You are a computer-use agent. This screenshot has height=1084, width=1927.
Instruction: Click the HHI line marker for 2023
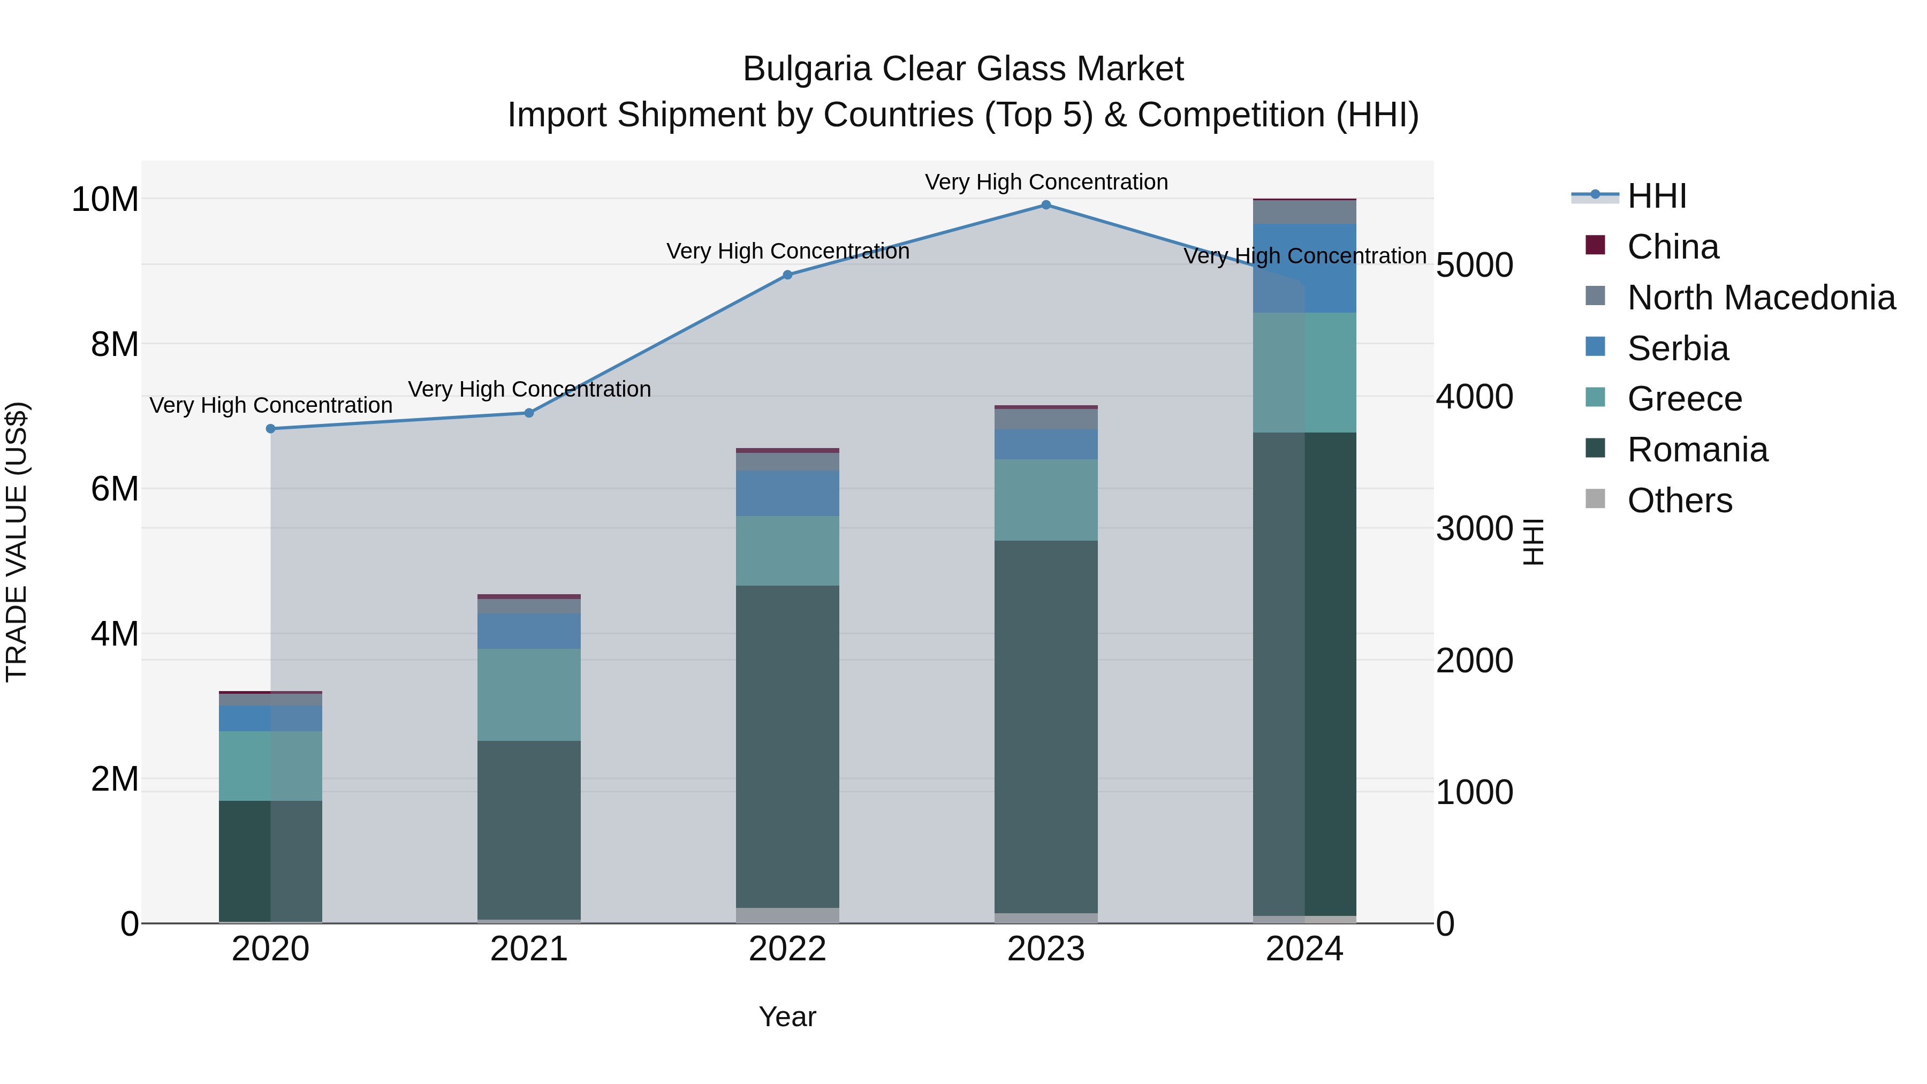tap(1046, 205)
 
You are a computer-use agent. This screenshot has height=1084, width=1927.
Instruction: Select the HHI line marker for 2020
tap(271, 429)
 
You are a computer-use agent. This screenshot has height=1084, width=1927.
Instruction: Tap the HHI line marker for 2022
tap(787, 275)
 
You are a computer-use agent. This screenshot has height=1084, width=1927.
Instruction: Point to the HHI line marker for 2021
tap(529, 413)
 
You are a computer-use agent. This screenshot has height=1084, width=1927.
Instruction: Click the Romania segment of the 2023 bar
tap(1046, 726)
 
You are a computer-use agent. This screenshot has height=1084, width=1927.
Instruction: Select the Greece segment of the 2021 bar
tap(529, 694)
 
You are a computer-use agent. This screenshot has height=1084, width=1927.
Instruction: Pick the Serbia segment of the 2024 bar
tap(1304, 268)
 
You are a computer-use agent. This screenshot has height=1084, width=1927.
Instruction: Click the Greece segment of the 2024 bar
tap(1304, 372)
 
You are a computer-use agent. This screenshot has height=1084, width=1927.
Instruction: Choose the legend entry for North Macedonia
tap(1761, 298)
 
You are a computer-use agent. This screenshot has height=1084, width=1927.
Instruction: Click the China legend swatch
tap(1595, 245)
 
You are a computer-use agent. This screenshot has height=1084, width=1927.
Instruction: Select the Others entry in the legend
tap(1679, 501)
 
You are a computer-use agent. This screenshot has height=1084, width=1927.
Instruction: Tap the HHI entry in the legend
tap(1656, 196)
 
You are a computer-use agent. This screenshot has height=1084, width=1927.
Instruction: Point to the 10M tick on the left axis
tap(105, 200)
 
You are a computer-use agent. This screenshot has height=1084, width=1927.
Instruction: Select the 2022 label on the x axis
tap(787, 949)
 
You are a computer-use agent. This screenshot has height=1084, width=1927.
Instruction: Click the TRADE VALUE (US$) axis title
tap(17, 542)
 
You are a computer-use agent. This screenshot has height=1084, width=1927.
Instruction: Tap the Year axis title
tap(787, 1017)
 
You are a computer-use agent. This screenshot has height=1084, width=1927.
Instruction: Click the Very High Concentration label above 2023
tap(1046, 182)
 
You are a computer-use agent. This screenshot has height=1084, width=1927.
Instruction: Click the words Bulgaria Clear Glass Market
tap(963, 69)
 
